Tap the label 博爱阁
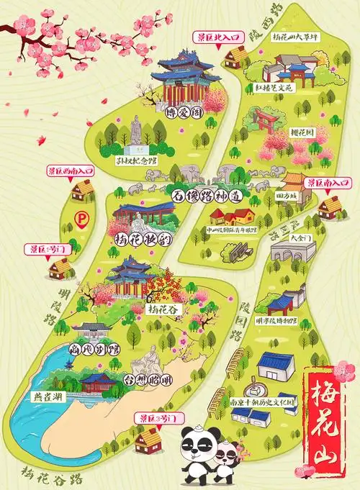(184, 113)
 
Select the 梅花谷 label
(165, 310)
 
